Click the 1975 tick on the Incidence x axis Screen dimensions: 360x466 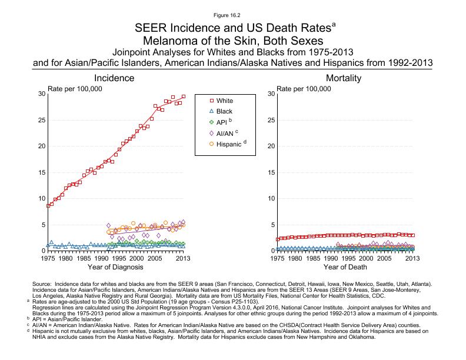(48, 258)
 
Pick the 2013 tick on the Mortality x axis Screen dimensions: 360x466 (413, 258)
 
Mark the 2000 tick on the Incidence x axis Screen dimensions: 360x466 (137, 258)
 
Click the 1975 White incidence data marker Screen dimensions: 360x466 (48, 206)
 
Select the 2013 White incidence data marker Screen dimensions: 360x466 (184, 96)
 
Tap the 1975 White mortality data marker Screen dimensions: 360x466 (278, 239)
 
